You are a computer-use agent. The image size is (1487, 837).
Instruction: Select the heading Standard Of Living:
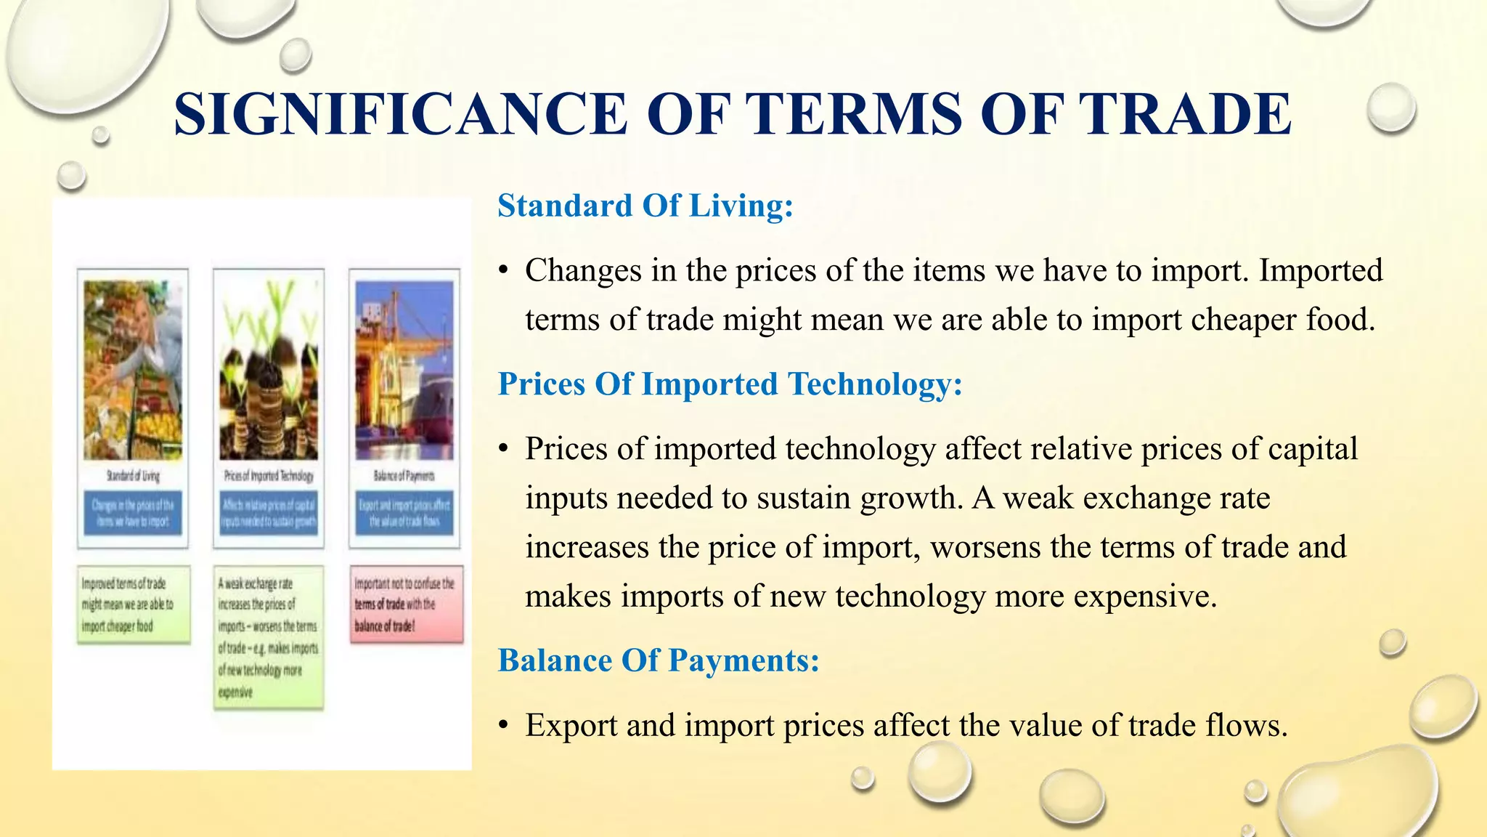(x=645, y=206)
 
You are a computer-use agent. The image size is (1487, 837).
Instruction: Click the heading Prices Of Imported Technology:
(x=730, y=384)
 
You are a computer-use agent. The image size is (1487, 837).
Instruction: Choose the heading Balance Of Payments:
(x=658, y=660)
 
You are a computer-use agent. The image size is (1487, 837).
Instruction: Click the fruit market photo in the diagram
(x=132, y=370)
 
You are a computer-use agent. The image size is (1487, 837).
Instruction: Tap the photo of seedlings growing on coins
(x=269, y=370)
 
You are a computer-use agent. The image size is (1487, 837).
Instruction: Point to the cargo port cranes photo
(x=404, y=370)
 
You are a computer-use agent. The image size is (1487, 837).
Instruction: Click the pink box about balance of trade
(x=406, y=604)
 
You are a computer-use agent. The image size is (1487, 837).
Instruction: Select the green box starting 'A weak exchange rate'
(x=269, y=637)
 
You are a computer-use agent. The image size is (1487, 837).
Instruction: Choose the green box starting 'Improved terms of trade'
(x=134, y=604)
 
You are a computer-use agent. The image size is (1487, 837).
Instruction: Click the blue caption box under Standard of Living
(x=133, y=513)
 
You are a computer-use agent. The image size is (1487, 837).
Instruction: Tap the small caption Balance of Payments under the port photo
(x=404, y=476)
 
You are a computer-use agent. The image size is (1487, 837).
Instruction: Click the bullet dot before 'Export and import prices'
(x=503, y=726)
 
